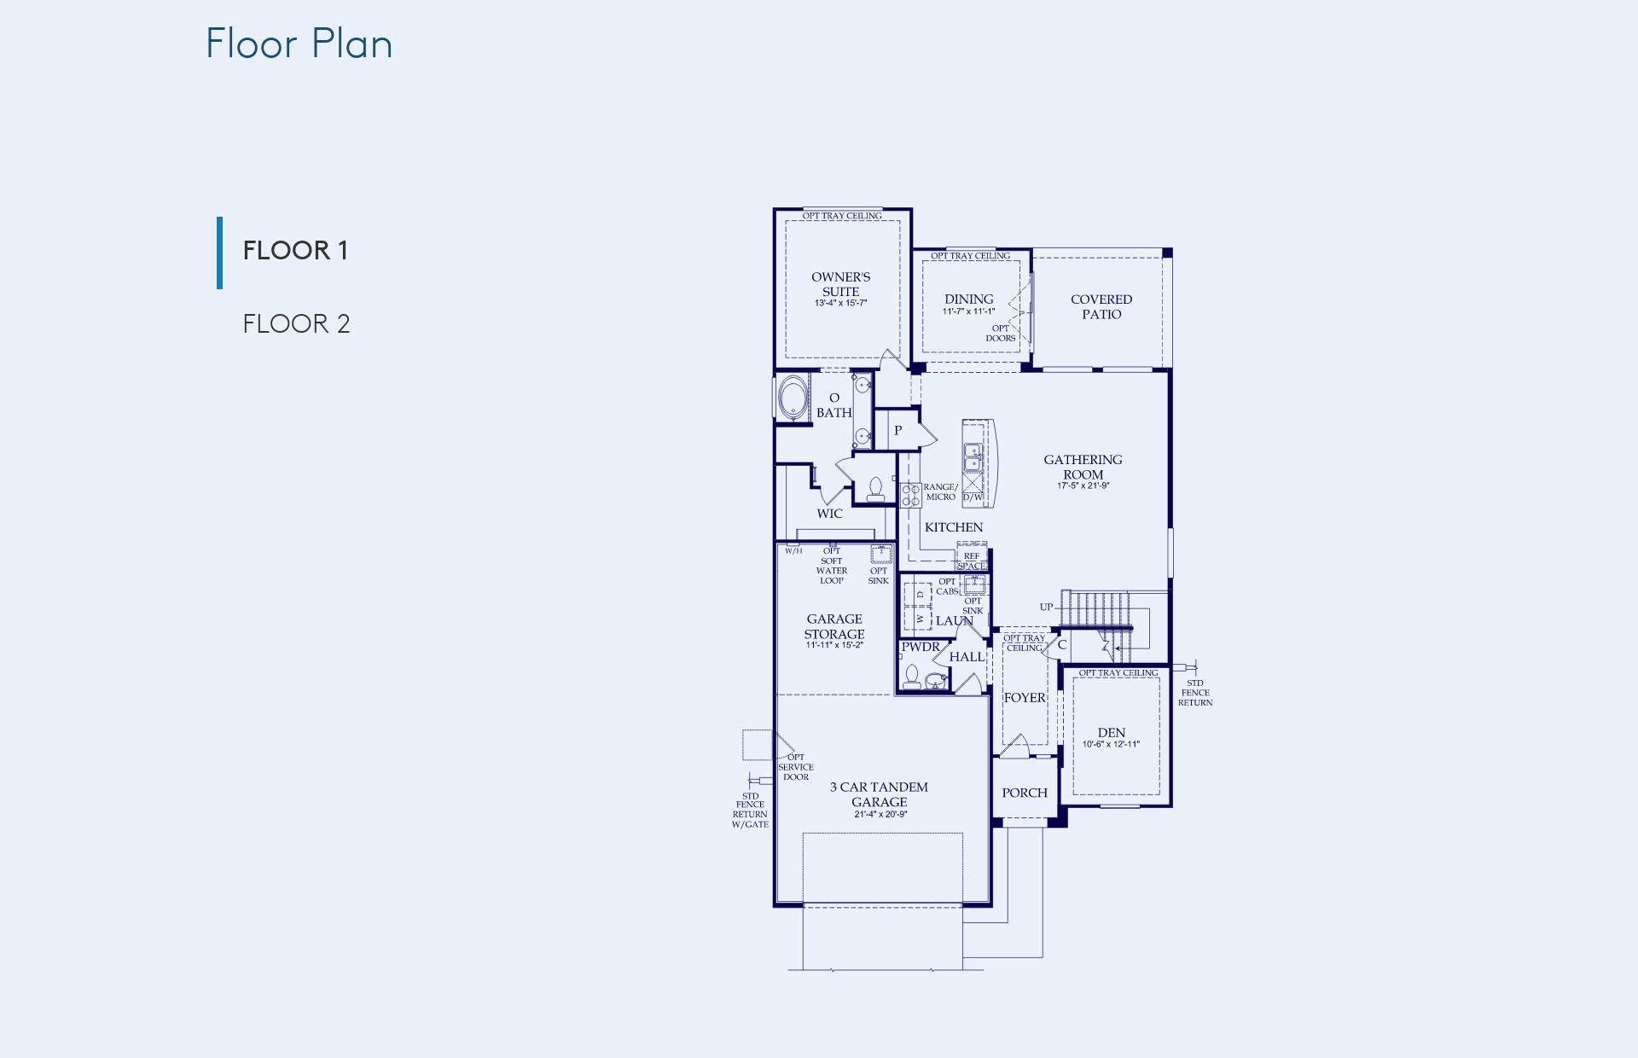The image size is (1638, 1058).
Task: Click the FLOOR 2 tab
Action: [x=296, y=323]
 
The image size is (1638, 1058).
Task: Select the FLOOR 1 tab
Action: [x=295, y=250]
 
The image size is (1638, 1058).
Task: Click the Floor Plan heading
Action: [x=299, y=44]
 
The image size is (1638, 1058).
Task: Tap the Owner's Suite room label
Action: [x=841, y=284]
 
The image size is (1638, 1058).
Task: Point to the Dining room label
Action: [x=969, y=299]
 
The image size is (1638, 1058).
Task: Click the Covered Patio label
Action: [x=1101, y=306]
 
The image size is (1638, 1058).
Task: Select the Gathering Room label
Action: [x=1083, y=467]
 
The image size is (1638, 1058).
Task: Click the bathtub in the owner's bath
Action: [x=793, y=398]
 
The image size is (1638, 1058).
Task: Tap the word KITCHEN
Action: [x=954, y=527]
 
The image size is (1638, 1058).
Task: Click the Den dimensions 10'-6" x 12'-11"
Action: [x=1112, y=744]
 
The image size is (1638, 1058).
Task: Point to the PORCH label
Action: [x=1025, y=793]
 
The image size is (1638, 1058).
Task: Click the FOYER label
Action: [x=1025, y=698]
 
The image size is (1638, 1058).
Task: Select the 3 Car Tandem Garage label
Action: [x=880, y=794]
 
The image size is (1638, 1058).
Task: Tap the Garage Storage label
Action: [x=834, y=626]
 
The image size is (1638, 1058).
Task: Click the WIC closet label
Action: [x=829, y=514]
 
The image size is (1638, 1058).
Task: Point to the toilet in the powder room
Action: [x=912, y=678]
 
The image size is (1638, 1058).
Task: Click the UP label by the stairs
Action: [x=1046, y=607]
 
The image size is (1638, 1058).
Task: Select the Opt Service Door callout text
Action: [x=796, y=767]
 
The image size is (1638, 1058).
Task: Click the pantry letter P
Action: [x=897, y=431]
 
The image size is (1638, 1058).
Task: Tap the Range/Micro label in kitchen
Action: [x=941, y=491]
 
